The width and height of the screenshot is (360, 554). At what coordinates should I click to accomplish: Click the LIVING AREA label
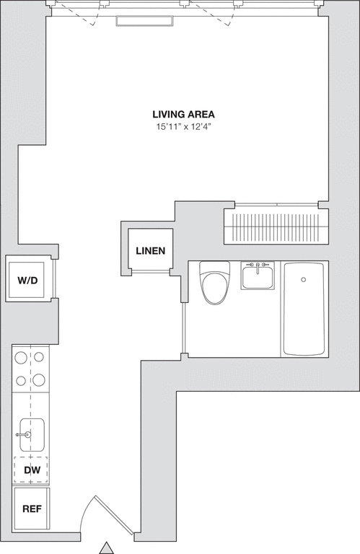point(183,115)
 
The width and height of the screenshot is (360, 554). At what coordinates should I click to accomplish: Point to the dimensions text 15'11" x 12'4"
point(183,126)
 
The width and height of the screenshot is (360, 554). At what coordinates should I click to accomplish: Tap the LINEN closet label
point(151,250)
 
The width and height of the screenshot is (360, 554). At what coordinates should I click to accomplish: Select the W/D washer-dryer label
point(27,281)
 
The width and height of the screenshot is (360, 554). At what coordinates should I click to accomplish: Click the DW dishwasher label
point(32,470)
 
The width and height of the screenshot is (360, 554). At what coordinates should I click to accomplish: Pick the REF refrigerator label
point(32,509)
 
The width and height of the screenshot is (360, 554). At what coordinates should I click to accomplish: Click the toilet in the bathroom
point(214,282)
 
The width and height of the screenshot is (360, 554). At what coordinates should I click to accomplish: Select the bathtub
point(304,309)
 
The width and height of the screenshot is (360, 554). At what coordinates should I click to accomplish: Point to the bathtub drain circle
point(303,280)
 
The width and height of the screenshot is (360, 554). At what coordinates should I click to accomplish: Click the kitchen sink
point(32,435)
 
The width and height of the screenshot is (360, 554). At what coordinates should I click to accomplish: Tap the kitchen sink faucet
point(23,434)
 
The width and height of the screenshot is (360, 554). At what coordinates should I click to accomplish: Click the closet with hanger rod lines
point(276,226)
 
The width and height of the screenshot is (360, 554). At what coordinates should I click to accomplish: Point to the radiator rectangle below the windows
point(145,21)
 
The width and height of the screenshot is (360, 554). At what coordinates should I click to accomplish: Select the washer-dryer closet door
point(54,279)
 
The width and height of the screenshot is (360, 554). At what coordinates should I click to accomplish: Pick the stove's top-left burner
point(21,358)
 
